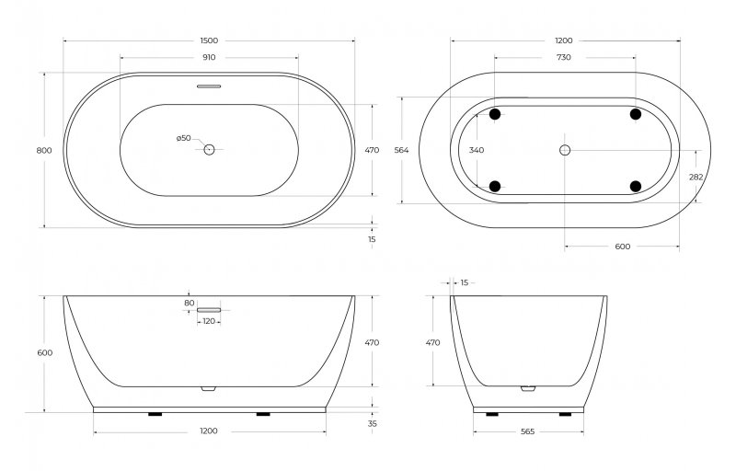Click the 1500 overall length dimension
209,41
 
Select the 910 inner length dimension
209,58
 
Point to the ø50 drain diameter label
184,138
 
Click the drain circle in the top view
209,149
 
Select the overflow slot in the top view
209,88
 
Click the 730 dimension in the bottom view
564,58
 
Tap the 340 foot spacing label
476,150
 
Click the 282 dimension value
696,177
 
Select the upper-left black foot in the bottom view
495,114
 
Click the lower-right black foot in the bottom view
635,186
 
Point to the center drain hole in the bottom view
565,150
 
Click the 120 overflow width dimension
209,322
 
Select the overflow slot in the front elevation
209,310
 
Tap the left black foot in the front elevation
155,414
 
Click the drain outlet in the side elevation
527,388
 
